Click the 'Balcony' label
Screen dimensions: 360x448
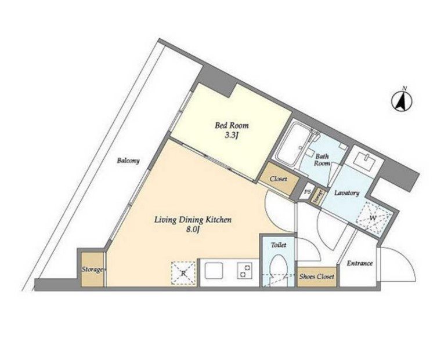tap(127, 161)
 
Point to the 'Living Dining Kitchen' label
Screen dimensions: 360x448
tap(193, 220)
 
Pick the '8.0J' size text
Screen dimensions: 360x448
tap(193, 231)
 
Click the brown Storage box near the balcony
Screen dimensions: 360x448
tap(93, 270)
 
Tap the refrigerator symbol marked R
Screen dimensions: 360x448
tap(183, 273)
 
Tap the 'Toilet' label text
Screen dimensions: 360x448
tap(279, 245)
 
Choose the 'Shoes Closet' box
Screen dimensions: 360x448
tap(316, 277)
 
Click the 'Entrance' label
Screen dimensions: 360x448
tap(360, 264)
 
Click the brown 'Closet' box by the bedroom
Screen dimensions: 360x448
tap(279, 179)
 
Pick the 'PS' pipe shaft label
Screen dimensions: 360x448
tap(307, 191)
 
